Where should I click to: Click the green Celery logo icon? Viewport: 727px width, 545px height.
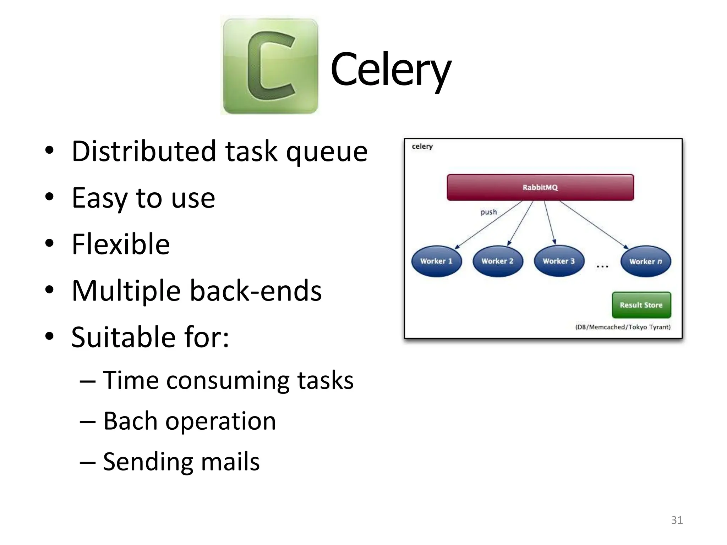click(x=270, y=66)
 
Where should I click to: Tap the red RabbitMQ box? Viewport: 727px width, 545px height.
click(x=540, y=187)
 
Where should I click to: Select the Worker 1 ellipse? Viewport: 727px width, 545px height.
click(x=436, y=261)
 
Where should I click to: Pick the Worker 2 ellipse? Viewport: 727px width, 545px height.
click(x=497, y=261)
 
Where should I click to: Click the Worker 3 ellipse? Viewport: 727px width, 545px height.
click(x=558, y=261)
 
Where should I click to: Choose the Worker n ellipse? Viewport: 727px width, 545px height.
click(x=645, y=262)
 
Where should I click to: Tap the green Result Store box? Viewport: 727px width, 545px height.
click(x=641, y=305)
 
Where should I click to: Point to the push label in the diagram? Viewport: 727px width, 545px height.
click(x=488, y=212)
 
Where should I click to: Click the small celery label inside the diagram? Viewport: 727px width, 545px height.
click(x=422, y=147)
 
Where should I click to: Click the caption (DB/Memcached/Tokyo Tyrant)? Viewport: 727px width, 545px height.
click(x=623, y=327)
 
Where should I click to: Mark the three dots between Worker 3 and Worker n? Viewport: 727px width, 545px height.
click(x=602, y=266)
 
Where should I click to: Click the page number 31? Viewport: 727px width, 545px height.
click(x=677, y=520)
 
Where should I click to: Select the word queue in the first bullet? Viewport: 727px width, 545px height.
click(x=327, y=152)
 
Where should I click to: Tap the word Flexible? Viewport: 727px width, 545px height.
click(x=121, y=244)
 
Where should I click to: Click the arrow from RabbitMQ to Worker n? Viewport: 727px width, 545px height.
click(x=593, y=224)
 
